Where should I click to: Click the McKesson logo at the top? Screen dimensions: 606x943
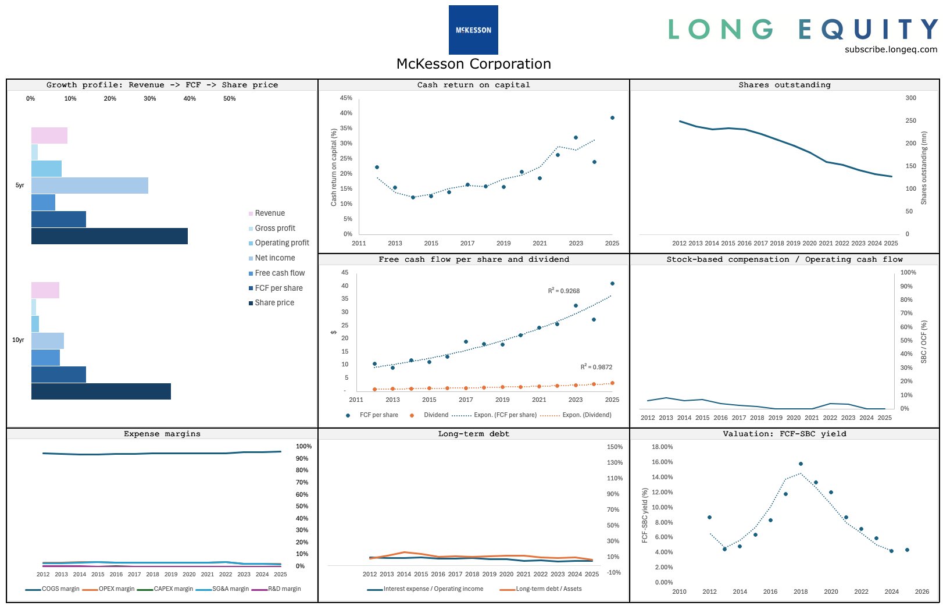click(x=473, y=30)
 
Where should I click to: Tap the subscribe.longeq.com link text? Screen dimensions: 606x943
click(x=891, y=49)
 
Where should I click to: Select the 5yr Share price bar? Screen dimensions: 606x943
click(x=109, y=236)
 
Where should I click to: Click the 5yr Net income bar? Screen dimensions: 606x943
click(x=90, y=186)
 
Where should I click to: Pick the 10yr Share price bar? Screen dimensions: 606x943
click(x=101, y=391)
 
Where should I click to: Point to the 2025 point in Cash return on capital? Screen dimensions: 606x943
click(x=612, y=117)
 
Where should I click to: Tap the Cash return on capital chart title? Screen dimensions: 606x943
click(x=473, y=85)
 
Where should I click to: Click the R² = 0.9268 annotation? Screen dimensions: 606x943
click(x=564, y=291)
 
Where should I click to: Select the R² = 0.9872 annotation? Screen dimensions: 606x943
click(x=596, y=367)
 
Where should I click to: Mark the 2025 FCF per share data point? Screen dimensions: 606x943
click(x=612, y=284)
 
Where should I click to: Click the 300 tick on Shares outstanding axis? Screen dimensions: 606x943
click(x=910, y=98)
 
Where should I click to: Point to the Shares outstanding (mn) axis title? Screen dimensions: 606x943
click(x=924, y=167)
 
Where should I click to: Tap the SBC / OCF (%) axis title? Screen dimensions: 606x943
click(x=924, y=342)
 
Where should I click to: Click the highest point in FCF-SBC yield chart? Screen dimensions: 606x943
click(x=801, y=464)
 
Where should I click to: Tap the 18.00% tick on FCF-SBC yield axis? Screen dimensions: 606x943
click(x=662, y=447)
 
